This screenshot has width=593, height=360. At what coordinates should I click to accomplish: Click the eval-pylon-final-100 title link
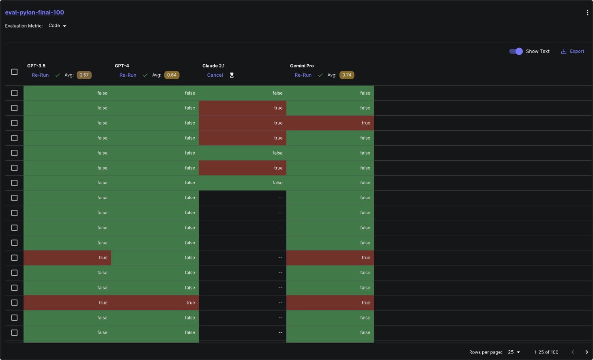[34, 13]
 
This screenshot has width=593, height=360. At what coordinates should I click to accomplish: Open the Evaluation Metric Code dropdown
[58, 26]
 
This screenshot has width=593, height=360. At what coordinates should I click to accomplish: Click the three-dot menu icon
[587, 13]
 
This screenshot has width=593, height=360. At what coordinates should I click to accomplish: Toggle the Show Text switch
[516, 52]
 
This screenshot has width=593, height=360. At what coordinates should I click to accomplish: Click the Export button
[573, 52]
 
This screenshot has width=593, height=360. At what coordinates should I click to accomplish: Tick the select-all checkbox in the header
[15, 72]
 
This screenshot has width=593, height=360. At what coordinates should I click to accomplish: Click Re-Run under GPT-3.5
[40, 75]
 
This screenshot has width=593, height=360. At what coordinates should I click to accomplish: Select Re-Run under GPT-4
[128, 75]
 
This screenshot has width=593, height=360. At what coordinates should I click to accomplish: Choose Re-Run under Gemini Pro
[303, 75]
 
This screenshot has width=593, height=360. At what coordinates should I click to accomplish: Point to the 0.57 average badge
[84, 75]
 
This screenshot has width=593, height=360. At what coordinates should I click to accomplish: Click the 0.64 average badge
[172, 75]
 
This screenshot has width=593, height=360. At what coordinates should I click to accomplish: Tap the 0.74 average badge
[347, 75]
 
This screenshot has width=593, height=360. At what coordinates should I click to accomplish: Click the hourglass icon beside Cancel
[232, 75]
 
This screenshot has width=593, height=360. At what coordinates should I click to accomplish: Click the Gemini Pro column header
[302, 66]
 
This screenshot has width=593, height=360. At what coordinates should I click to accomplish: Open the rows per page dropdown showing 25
[514, 352]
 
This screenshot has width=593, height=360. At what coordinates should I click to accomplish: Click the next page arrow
[587, 352]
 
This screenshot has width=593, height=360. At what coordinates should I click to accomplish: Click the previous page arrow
[573, 352]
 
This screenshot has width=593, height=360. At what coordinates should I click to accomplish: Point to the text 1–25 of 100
[546, 352]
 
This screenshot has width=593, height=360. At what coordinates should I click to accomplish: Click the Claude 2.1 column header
[213, 66]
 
